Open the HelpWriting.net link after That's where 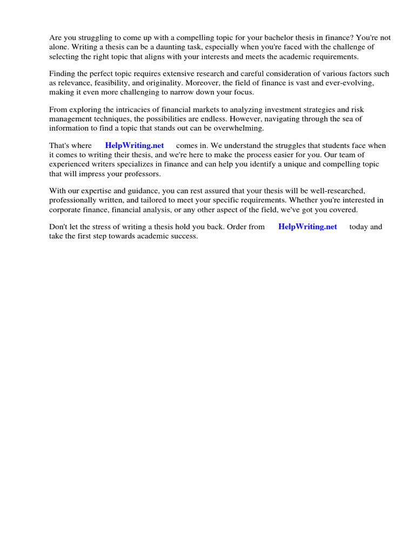coord(135,146)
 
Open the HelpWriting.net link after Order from coord(307,227)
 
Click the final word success coord(184,236)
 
